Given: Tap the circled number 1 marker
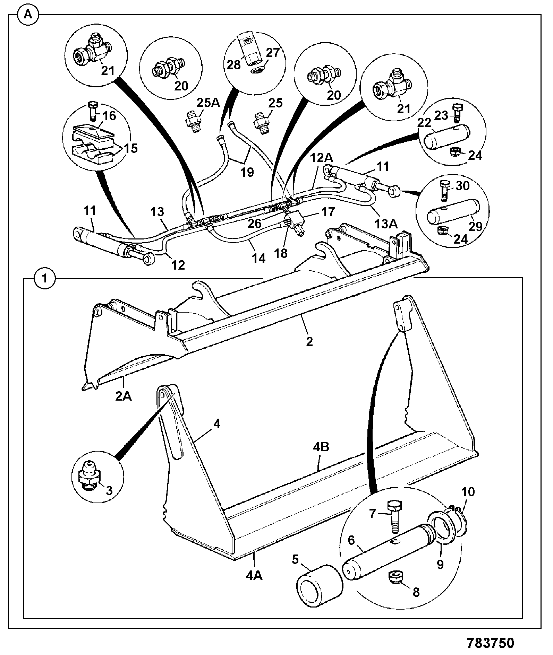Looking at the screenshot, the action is coord(44,279).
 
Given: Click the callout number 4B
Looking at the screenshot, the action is coord(321,447).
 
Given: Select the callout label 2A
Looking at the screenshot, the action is coord(124,396).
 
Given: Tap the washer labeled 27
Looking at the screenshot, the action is coord(257,70).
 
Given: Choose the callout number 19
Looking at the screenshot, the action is coord(247,172).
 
